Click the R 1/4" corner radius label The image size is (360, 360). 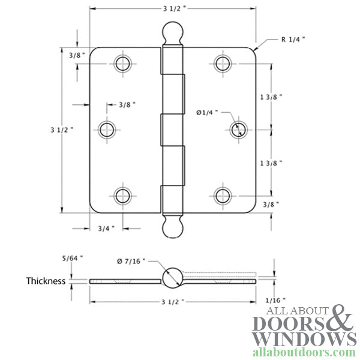coord(292,40)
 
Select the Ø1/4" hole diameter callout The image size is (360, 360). coord(207,112)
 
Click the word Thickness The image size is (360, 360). coord(46,280)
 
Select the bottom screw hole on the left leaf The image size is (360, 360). coord(122,195)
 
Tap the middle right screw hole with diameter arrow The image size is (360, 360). coord(238,128)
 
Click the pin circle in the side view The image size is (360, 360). coord(171,277)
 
